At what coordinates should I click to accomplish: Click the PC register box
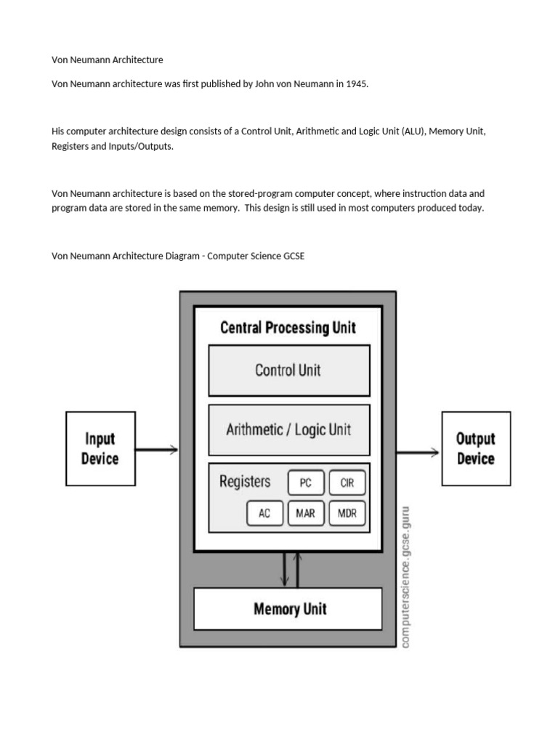(306, 482)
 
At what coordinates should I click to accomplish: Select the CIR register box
(347, 482)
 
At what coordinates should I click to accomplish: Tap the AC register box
(264, 513)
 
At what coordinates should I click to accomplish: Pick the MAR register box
(306, 513)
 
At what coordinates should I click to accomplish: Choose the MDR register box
(347, 513)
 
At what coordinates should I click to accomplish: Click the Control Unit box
(289, 371)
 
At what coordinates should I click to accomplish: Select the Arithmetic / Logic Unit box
(289, 430)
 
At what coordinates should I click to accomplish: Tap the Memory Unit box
(288, 610)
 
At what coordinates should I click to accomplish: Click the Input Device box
(100, 449)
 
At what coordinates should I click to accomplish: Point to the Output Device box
(477, 449)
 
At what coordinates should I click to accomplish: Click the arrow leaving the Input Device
(157, 449)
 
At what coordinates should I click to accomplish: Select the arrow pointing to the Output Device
(418, 453)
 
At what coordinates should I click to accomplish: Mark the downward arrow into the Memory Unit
(285, 570)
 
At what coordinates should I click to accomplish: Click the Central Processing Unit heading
(288, 328)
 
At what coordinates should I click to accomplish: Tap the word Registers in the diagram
(245, 482)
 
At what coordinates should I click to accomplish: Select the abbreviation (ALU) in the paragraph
(413, 132)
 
